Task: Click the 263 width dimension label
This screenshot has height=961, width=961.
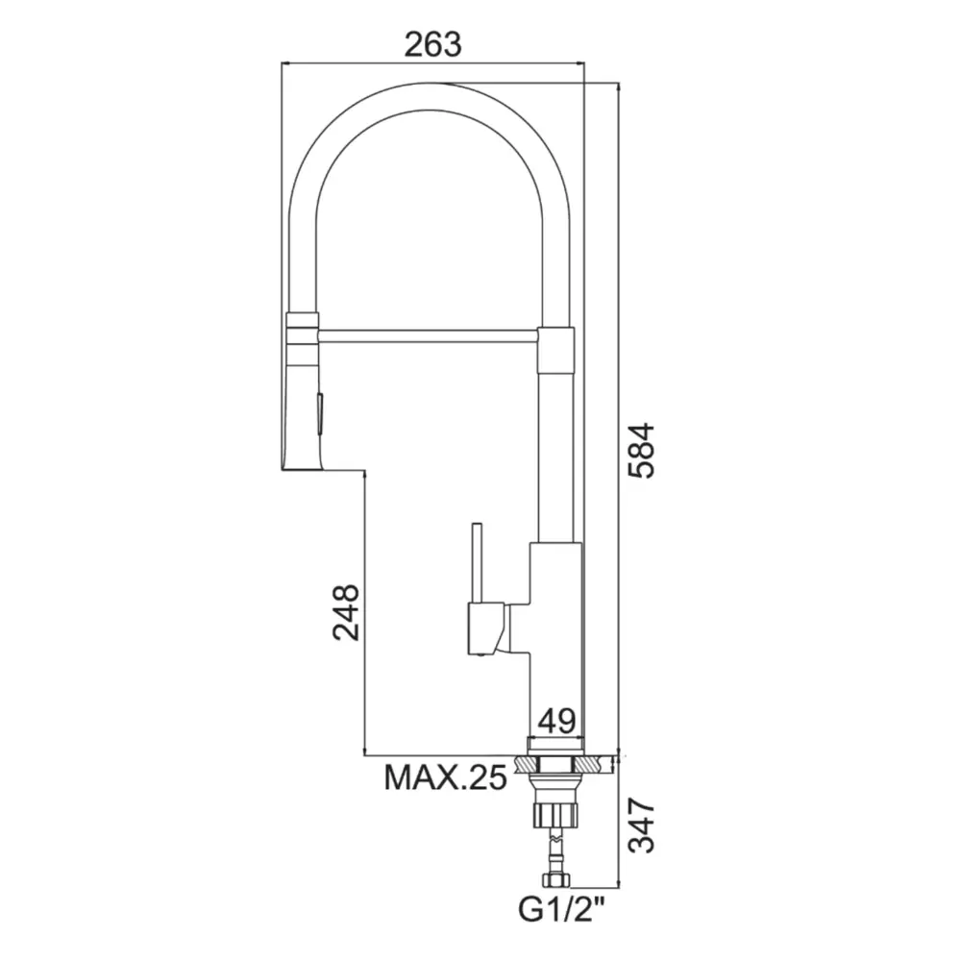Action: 432,44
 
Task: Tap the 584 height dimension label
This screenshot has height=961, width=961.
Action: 641,451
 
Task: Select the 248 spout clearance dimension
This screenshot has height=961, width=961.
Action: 346,612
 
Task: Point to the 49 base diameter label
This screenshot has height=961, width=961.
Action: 556,721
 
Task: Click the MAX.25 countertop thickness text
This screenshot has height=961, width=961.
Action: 446,777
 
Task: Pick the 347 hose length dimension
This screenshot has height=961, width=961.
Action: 642,825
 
